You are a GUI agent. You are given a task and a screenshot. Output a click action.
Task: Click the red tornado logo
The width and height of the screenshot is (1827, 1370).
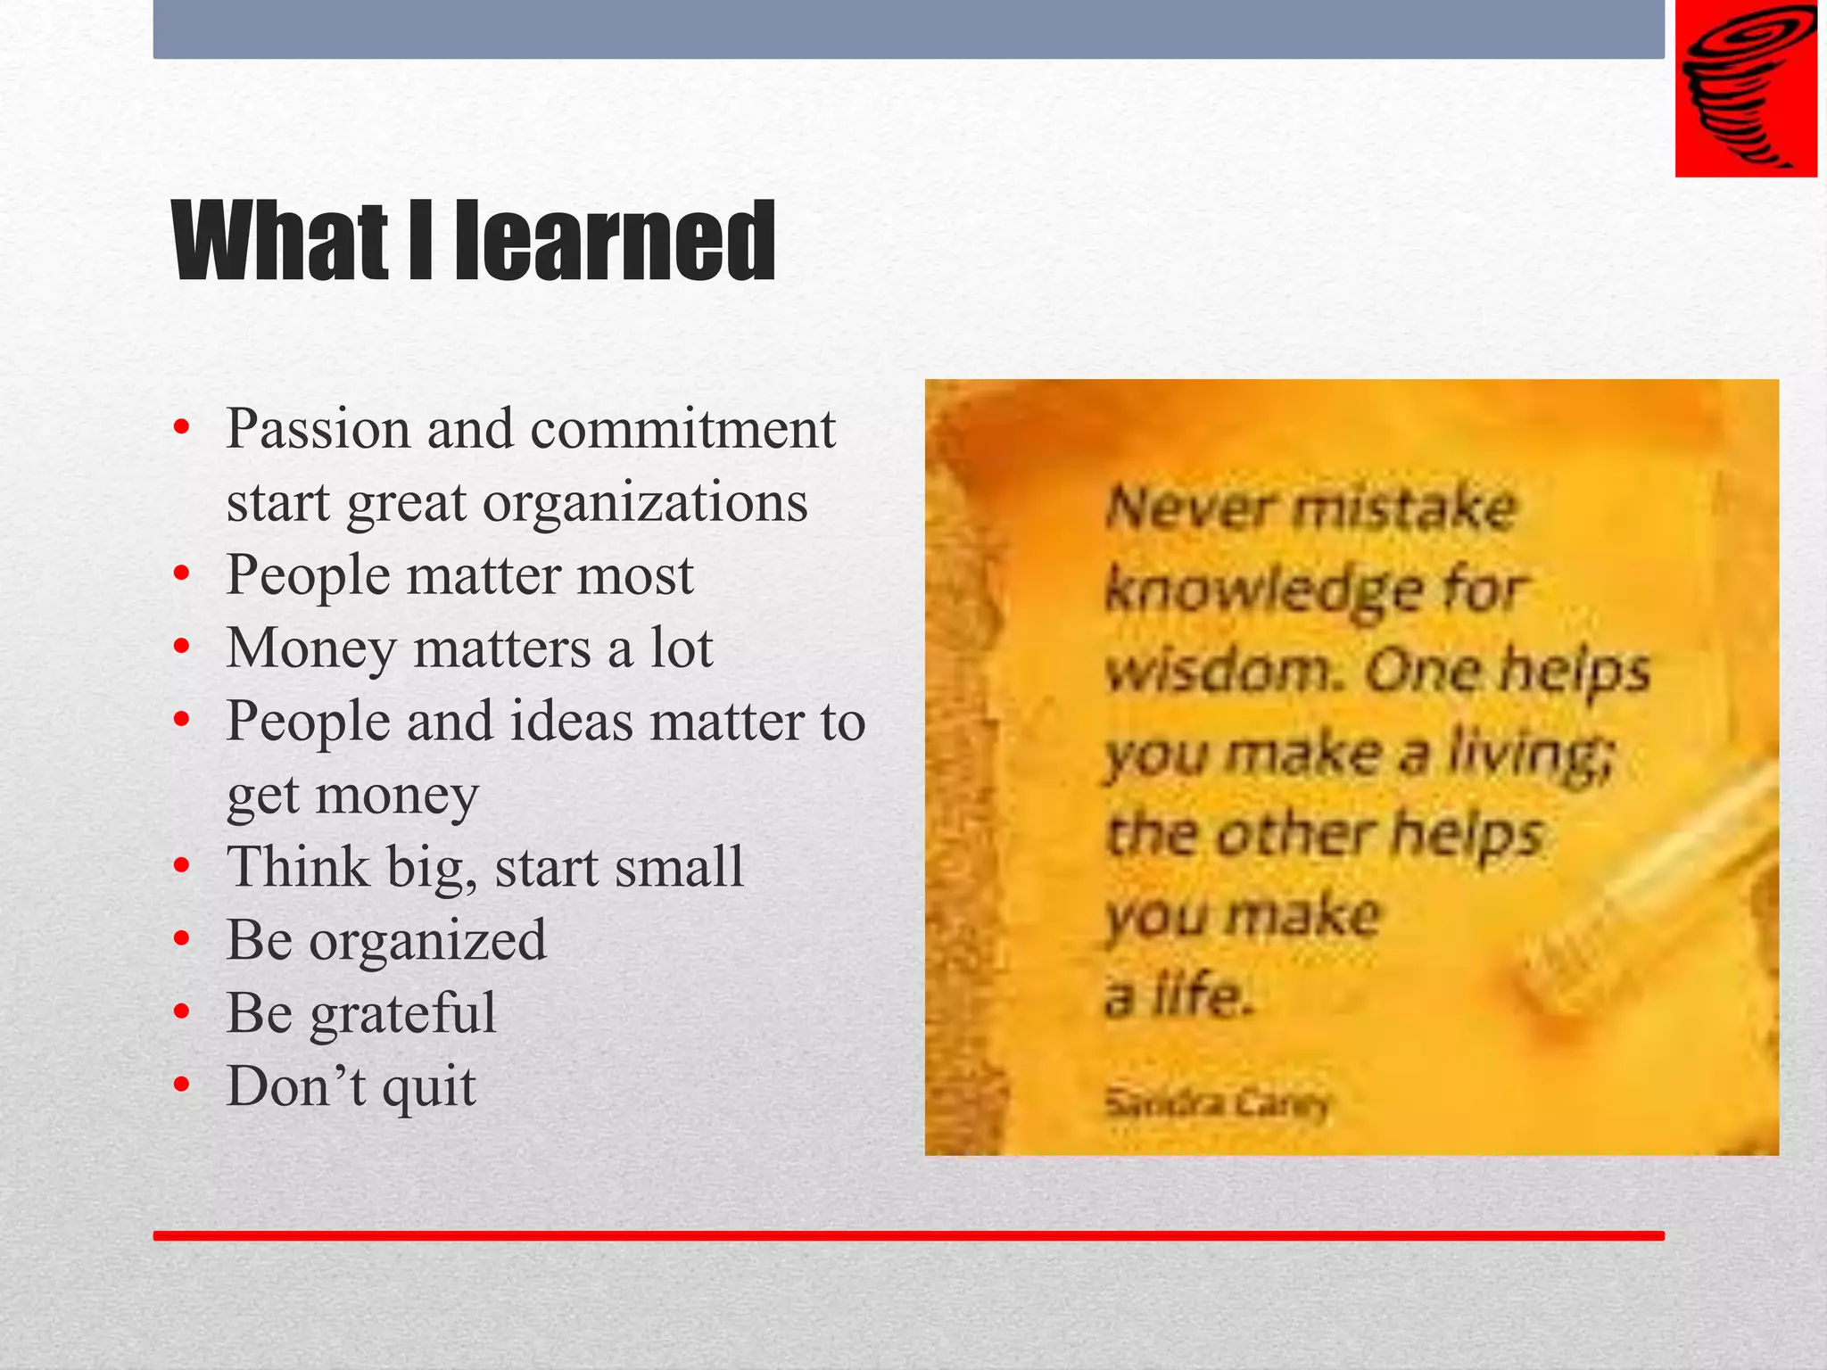point(1745,88)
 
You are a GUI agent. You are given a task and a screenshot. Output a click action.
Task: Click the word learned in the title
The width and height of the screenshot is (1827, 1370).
point(615,242)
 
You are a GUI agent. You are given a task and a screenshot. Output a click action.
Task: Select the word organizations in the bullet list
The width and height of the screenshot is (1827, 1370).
point(645,502)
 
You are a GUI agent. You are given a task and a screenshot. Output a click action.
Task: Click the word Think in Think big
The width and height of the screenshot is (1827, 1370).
point(298,867)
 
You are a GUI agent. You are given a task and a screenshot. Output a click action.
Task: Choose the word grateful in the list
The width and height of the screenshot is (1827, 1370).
point(402,1014)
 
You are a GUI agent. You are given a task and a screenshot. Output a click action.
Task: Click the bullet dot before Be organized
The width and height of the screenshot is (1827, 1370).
point(182,939)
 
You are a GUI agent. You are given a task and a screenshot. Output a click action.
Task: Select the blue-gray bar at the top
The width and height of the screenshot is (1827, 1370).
point(908,29)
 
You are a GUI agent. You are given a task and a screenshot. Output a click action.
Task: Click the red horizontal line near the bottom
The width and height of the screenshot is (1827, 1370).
point(908,1235)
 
